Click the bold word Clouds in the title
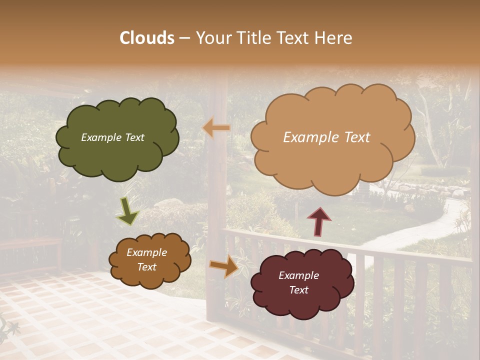[146, 38]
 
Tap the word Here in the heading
[333, 38]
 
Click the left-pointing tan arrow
[216, 128]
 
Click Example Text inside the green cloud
[112, 137]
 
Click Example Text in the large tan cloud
[326, 137]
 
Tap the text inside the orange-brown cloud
[146, 260]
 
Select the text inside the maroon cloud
[298, 282]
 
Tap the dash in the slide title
[184, 38]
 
